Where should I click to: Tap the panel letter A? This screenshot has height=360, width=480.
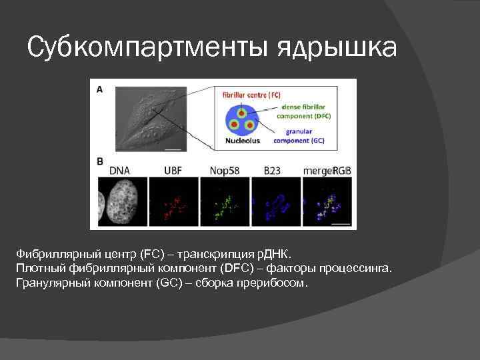pyautogui.click(x=99, y=88)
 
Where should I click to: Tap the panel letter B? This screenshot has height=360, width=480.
pyautogui.click(x=99, y=161)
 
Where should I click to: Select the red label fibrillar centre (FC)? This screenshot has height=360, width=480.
pyautogui.click(x=252, y=95)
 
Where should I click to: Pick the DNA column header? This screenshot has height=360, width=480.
pyautogui.click(x=119, y=171)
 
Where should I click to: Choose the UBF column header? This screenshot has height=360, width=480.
pyautogui.click(x=173, y=171)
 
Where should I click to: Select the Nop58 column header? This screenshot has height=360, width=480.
pyautogui.click(x=223, y=171)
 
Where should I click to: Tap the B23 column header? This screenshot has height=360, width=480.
pyautogui.click(x=274, y=171)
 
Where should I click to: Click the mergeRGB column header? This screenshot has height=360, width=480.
pyautogui.click(x=327, y=171)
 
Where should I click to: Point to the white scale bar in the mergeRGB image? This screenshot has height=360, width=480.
pyautogui.click(x=339, y=225)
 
